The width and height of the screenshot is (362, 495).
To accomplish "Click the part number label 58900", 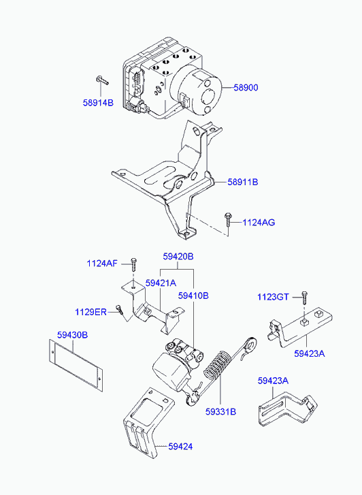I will (246, 88).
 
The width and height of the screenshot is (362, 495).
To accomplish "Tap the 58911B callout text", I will (243, 182).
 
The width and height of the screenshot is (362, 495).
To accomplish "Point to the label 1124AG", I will (259, 222).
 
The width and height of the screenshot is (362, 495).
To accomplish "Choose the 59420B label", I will (178, 257).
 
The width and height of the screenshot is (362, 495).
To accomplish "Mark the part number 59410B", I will (193, 296).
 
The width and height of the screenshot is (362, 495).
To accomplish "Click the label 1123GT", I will (274, 296).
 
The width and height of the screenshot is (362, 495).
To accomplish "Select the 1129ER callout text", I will (91, 312).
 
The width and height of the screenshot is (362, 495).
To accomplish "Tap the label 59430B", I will (72, 334).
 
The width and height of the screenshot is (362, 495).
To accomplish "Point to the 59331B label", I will (220, 411).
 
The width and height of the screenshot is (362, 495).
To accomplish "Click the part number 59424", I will (180, 447).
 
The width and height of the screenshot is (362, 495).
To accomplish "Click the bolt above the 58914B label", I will (101, 80).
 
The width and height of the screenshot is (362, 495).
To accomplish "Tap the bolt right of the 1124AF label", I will (134, 265).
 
